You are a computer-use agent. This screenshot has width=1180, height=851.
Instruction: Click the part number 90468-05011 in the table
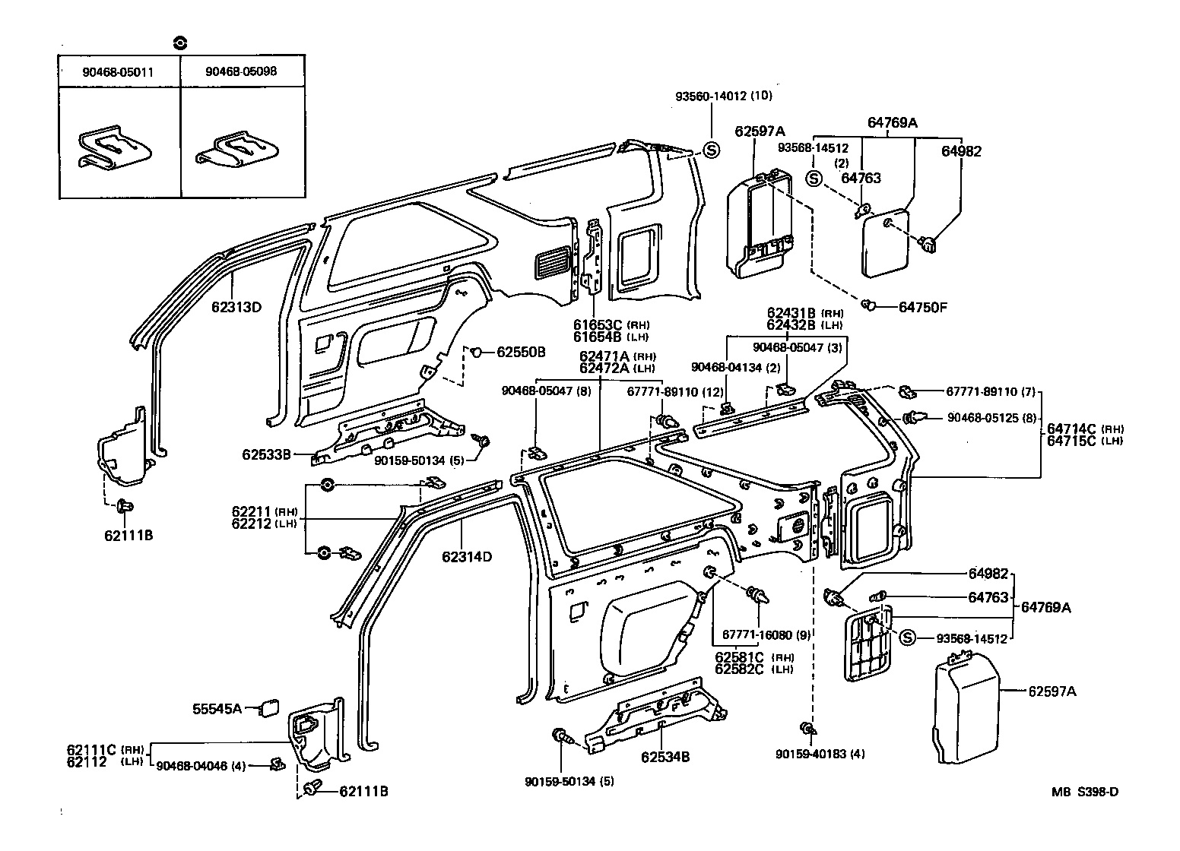click(119, 71)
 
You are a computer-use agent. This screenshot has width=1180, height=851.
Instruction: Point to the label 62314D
click(467, 557)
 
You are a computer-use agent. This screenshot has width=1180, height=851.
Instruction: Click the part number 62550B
click(521, 352)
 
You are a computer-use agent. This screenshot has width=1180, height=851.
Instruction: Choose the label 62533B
click(266, 454)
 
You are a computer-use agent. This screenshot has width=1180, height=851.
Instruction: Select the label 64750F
click(924, 307)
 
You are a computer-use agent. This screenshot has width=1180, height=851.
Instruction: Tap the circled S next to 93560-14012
click(710, 150)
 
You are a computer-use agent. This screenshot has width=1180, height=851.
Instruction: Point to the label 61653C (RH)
click(606, 324)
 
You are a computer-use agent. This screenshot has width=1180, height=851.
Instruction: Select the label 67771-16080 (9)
click(766, 634)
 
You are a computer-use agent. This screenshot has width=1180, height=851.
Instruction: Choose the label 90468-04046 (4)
click(200, 766)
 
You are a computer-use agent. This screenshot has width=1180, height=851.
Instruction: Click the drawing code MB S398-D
click(1085, 792)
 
